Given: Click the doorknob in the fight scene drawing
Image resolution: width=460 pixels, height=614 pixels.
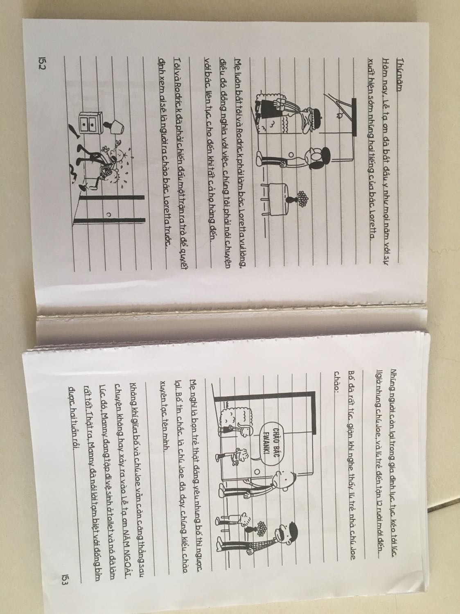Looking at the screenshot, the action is pos(108,214).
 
